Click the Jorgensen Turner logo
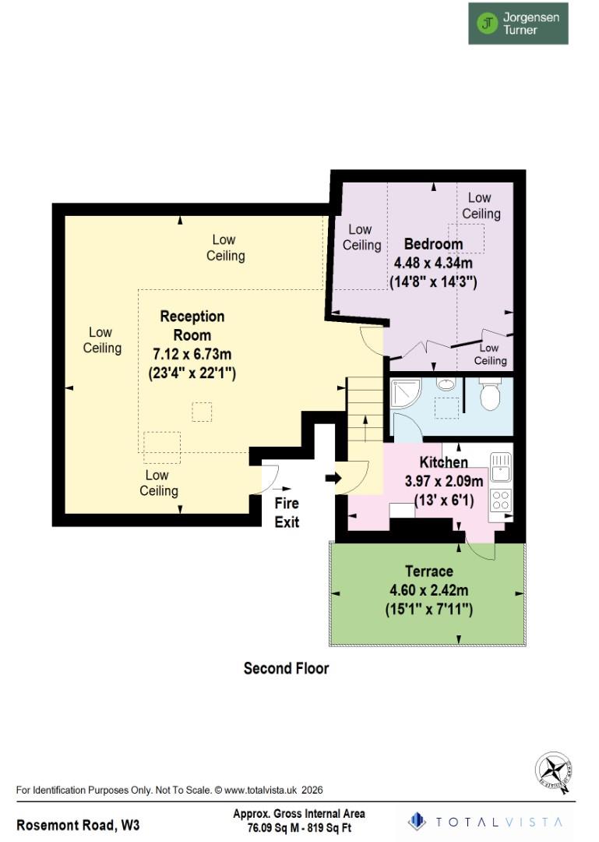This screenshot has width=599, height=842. pos(517,23)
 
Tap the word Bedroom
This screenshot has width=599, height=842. pos(433,244)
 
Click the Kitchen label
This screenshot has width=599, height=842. pos(443,462)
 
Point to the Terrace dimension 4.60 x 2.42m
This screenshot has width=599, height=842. pos(428,590)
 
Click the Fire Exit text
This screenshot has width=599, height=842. pos(286,513)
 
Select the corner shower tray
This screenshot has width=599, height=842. pos(404,393)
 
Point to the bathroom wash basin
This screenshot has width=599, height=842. pos(446,384)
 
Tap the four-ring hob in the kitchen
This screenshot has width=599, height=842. pos(499,500)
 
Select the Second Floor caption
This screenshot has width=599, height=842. pos(286,668)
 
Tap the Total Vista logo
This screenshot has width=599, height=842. pos(488,821)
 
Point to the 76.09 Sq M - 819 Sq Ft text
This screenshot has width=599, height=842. pos(299,828)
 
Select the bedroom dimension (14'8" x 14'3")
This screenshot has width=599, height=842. pos(432,281)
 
